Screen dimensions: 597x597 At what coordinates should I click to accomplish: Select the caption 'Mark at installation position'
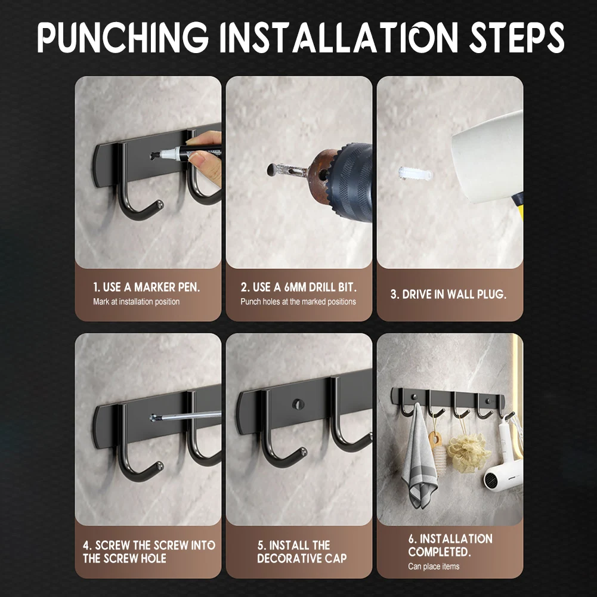136,302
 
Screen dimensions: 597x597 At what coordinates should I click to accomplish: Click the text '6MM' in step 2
295,287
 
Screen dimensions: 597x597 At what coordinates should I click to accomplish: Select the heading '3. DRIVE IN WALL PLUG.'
448,294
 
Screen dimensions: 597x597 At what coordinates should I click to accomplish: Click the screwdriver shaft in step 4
191,416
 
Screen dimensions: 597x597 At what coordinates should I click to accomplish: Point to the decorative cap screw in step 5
297,404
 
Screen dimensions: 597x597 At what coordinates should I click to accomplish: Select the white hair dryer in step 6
503,471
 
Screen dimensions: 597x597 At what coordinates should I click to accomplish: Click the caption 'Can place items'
434,566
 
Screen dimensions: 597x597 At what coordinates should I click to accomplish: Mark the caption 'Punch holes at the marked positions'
298,302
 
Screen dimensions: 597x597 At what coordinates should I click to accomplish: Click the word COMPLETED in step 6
439,552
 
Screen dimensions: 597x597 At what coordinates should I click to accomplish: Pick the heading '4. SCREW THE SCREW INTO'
149,545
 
